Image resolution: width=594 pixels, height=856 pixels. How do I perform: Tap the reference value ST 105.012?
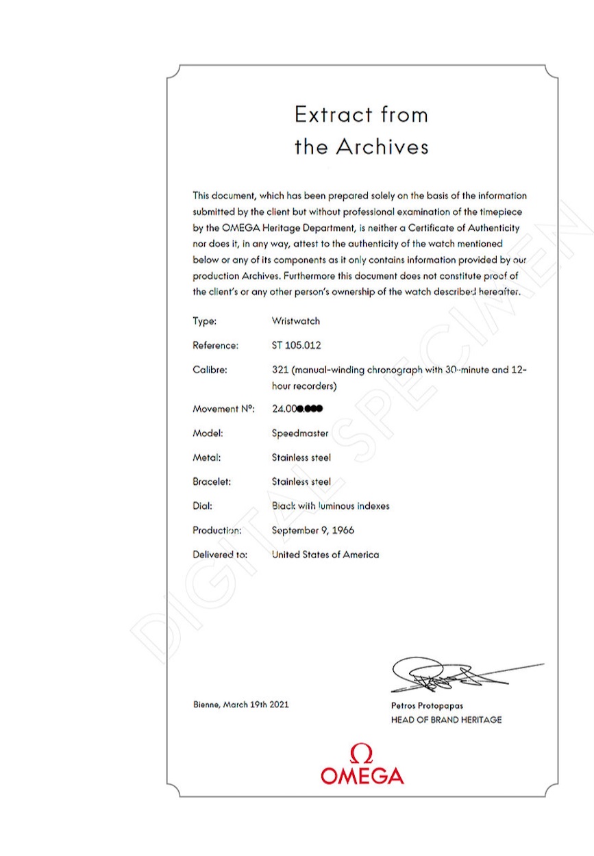click(x=296, y=346)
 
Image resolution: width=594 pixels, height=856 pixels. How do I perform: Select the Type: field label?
click(x=205, y=321)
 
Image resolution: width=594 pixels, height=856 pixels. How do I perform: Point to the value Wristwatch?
click(x=296, y=321)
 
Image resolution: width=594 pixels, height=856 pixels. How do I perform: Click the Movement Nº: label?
click(x=223, y=409)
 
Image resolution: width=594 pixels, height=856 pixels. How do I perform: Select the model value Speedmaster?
click(x=300, y=433)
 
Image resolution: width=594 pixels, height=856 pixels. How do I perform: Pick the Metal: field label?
click(x=206, y=457)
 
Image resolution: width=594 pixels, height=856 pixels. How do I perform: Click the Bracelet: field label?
click(x=212, y=481)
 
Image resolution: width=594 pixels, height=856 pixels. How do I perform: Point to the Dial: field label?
click(x=203, y=506)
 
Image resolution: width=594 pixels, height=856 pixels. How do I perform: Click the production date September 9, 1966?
click(x=313, y=530)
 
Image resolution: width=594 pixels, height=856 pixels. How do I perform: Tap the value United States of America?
click(x=325, y=555)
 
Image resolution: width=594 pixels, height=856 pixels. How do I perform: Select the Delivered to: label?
click(x=220, y=555)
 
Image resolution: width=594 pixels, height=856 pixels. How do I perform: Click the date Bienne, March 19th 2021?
click(x=240, y=705)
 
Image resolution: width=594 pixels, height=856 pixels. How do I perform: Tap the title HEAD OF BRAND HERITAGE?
click(x=446, y=720)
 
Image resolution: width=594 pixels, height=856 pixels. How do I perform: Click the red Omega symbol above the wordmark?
click(x=362, y=754)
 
